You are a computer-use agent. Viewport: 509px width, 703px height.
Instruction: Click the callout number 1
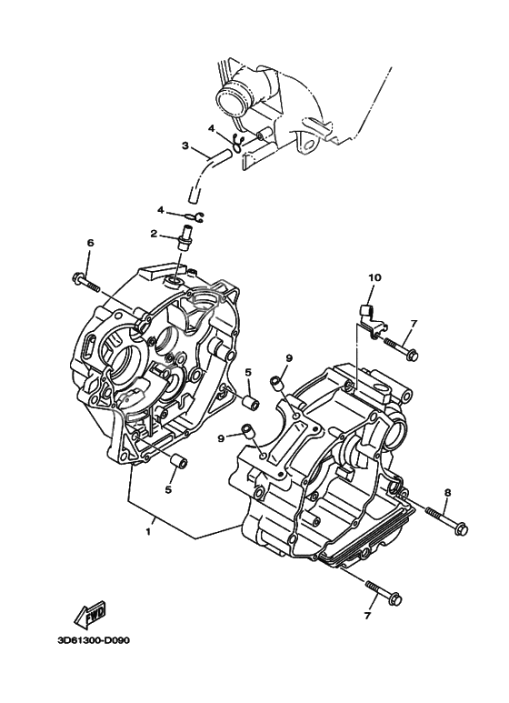pyautogui.click(x=148, y=532)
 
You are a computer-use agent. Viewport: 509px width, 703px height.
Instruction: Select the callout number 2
pyautogui.click(x=155, y=234)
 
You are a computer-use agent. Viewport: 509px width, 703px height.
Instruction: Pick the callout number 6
pyautogui.click(x=91, y=244)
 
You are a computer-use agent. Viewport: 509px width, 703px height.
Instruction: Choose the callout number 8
pyautogui.click(x=447, y=492)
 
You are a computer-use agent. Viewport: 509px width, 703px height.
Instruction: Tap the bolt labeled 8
pyautogui.click(x=447, y=520)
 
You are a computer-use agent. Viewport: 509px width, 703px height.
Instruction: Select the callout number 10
pyautogui.click(x=374, y=278)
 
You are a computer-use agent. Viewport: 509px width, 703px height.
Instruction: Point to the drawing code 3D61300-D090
pyautogui.click(x=92, y=640)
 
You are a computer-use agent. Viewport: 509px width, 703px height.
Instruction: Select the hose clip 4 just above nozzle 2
pyautogui.click(x=193, y=217)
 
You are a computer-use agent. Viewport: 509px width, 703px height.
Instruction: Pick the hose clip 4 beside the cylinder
pyautogui.click(x=238, y=142)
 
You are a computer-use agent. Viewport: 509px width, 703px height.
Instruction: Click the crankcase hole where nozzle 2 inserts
pyautogui.click(x=174, y=282)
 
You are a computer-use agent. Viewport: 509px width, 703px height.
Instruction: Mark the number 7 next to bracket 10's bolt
pyautogui.click(x=414, y=323)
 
